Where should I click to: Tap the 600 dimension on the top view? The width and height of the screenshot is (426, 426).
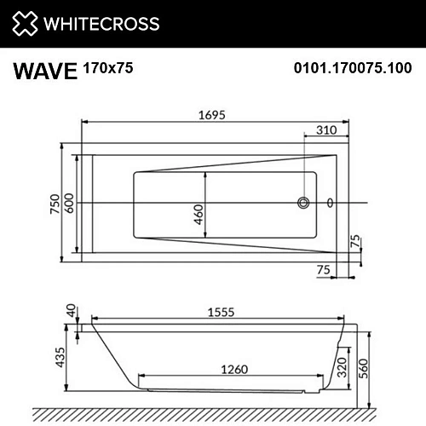coord(71,204)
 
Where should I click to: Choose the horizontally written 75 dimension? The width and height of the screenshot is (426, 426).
coord(324,269)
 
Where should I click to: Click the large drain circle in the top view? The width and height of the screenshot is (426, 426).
coord(302,203)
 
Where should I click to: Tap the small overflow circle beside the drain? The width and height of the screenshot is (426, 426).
coord(331,203)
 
